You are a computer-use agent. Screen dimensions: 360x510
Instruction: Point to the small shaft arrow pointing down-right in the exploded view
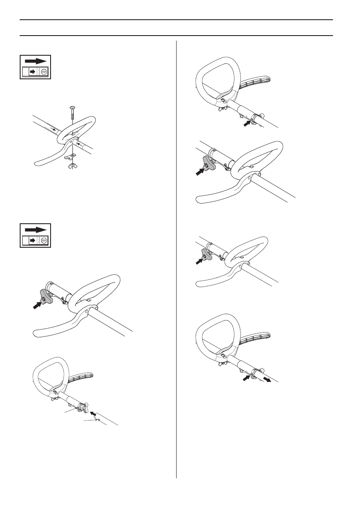pyautogui.click(x=53, y=128)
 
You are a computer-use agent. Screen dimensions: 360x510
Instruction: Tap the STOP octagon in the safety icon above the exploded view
pyautogui.click(x=43, y=72)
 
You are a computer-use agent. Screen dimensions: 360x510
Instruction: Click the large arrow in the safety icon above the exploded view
pyautogui.click(x=36, y=61)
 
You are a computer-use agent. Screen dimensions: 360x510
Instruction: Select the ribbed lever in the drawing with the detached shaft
pyautogui.click(x=81, y=378)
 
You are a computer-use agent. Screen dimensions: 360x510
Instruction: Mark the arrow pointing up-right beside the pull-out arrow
pyautogui.click(x=246, y=378)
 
